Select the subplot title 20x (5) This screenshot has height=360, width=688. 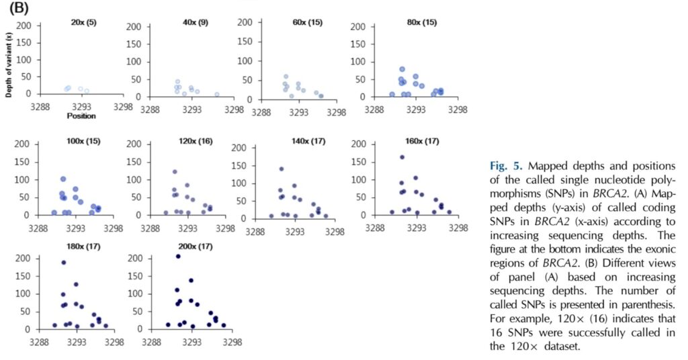click(83, 23)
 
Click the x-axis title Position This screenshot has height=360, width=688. click(81, 116)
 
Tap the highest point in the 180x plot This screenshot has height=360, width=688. click(64, 263)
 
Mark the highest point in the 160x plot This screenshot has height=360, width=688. click(402, 157)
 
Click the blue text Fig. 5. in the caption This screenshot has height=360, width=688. click(506, 165)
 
